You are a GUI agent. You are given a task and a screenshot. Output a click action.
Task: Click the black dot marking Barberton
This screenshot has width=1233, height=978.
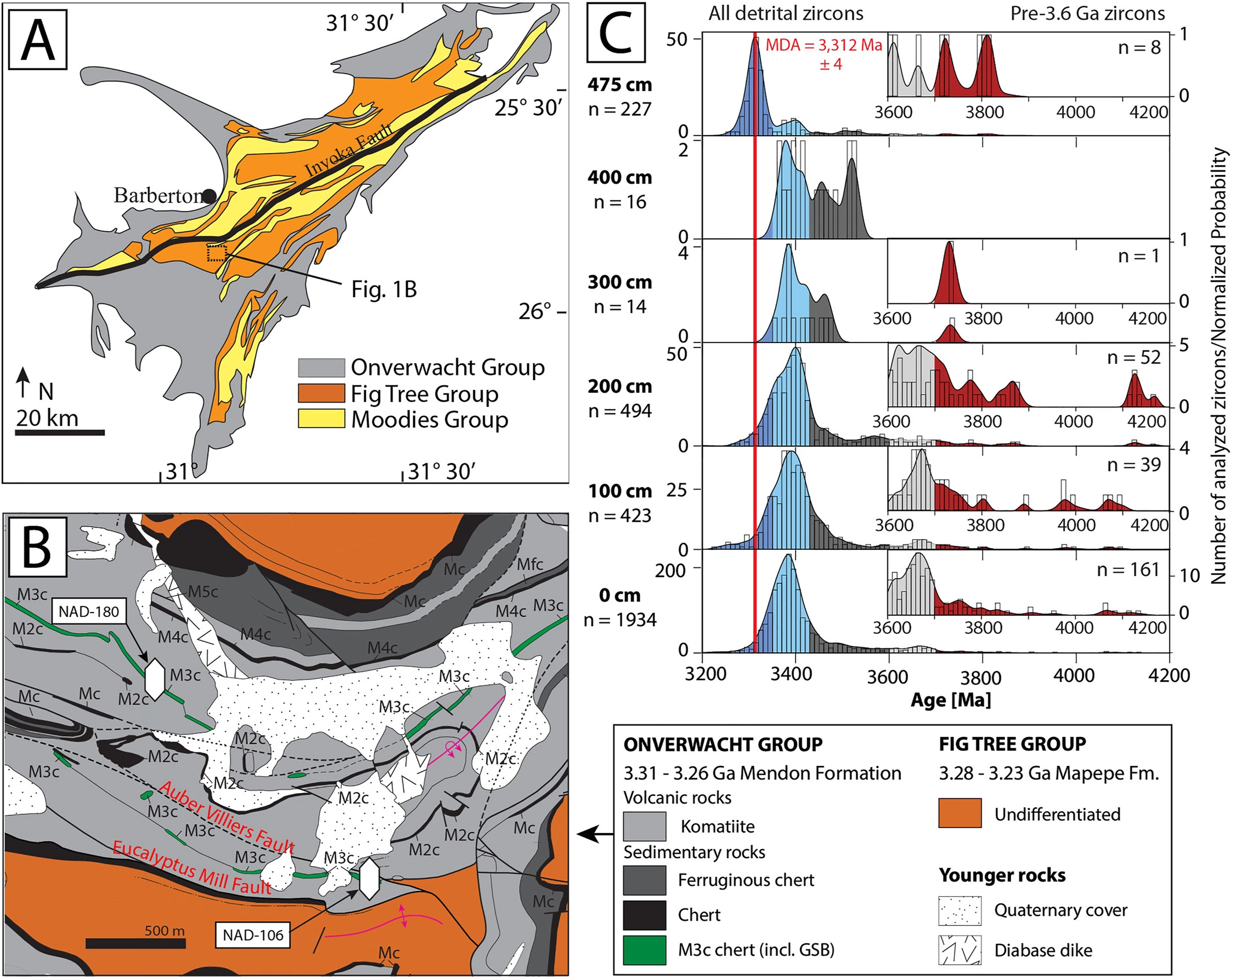tap(209, 196)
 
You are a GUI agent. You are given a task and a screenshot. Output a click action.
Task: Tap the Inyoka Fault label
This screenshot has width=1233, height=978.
tap(349, 150)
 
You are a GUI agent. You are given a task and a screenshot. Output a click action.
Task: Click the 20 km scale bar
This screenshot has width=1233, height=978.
tap(60, 432)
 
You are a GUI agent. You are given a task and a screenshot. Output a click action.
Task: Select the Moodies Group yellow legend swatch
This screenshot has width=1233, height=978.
tap(321, 419)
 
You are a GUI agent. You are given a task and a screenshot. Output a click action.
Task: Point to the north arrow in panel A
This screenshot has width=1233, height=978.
tap(23, 382)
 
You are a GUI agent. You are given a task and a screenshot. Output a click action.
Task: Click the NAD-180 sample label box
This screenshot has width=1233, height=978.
tap(89, 611)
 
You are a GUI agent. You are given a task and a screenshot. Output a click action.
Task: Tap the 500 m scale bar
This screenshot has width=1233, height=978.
tap(136, 943)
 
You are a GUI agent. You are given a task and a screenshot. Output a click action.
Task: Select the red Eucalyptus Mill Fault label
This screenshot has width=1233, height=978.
tap(192, 867)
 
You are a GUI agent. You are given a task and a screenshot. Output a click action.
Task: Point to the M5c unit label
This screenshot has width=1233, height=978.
tap(203, 592)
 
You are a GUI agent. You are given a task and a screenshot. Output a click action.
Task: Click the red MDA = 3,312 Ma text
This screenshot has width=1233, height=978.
tap(823, 45)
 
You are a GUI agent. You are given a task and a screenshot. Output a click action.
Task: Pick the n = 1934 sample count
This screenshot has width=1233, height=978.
tap(619, 620)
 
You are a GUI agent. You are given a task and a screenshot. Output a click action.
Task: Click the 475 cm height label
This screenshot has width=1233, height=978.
tap(619, 85)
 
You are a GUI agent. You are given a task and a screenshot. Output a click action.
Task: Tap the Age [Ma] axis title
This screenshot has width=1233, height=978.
tap(950, 700)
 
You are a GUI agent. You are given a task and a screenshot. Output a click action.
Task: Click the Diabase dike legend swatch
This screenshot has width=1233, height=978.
tap(960, 950)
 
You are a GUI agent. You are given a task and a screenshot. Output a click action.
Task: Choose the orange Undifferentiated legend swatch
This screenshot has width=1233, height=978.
tap(960, 813)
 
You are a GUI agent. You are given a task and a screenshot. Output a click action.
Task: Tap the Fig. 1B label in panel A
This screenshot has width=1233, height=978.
tap(384, 289)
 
